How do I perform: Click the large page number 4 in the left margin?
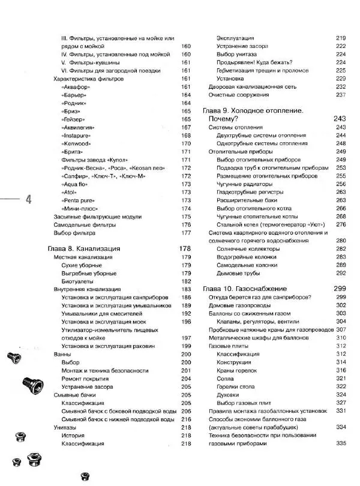[x=28, y=200]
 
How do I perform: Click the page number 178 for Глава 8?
[x=184, y=248]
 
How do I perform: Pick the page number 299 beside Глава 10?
[x=340, y=288]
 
